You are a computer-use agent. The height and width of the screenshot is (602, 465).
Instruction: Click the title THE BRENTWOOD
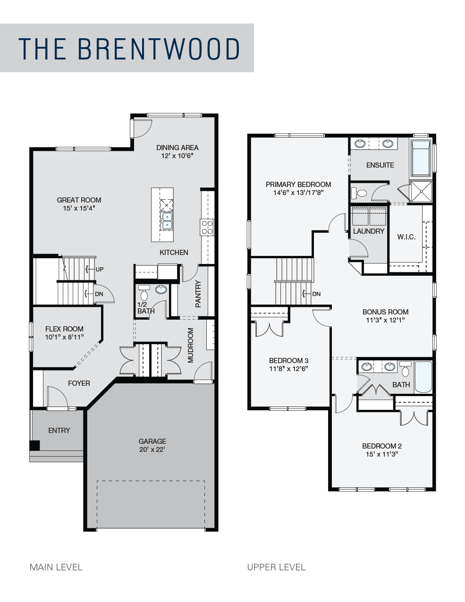[x=129, y=49]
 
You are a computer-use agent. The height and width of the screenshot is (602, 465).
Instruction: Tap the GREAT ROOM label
[x=79, y=200]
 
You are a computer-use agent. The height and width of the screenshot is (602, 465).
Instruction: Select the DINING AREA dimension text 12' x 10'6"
[x=177, y=156]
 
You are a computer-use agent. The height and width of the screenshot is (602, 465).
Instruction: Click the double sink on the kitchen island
[x=167, y=220]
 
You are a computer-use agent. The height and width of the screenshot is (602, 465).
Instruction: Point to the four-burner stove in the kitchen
[x=207, y=227]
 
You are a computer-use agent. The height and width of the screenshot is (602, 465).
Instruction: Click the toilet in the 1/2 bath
[x=144, y=293]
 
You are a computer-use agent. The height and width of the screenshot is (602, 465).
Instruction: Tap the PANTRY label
[x=198, y=294]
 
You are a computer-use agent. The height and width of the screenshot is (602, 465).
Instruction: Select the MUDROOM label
[x=191, y=345]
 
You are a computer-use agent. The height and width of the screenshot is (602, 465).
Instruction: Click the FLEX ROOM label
[x=64, y=329]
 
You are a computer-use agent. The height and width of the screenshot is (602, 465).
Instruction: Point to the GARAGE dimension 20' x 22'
[x=152, y=449]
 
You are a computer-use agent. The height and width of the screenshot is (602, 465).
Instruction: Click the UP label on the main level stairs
[x=100, y=269]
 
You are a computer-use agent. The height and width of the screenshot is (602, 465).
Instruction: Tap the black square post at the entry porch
[x=34, y=445]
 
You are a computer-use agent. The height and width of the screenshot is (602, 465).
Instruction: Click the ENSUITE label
[x=380, y=165]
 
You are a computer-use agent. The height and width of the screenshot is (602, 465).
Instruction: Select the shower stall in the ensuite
[x=421, y=191]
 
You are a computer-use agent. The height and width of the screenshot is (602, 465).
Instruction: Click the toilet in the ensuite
[x=359, y=193]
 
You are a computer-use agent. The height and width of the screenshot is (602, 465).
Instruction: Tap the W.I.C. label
[x=406, y=237]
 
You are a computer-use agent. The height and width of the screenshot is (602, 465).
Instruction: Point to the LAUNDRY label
[x=369, y=231]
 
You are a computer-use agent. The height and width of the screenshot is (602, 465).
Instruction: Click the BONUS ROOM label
[x=385, y=312]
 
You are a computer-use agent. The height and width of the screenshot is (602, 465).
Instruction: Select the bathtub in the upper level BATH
[x=423, y=377]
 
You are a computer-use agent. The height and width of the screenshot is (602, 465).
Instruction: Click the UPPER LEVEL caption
[x=276, y=567]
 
